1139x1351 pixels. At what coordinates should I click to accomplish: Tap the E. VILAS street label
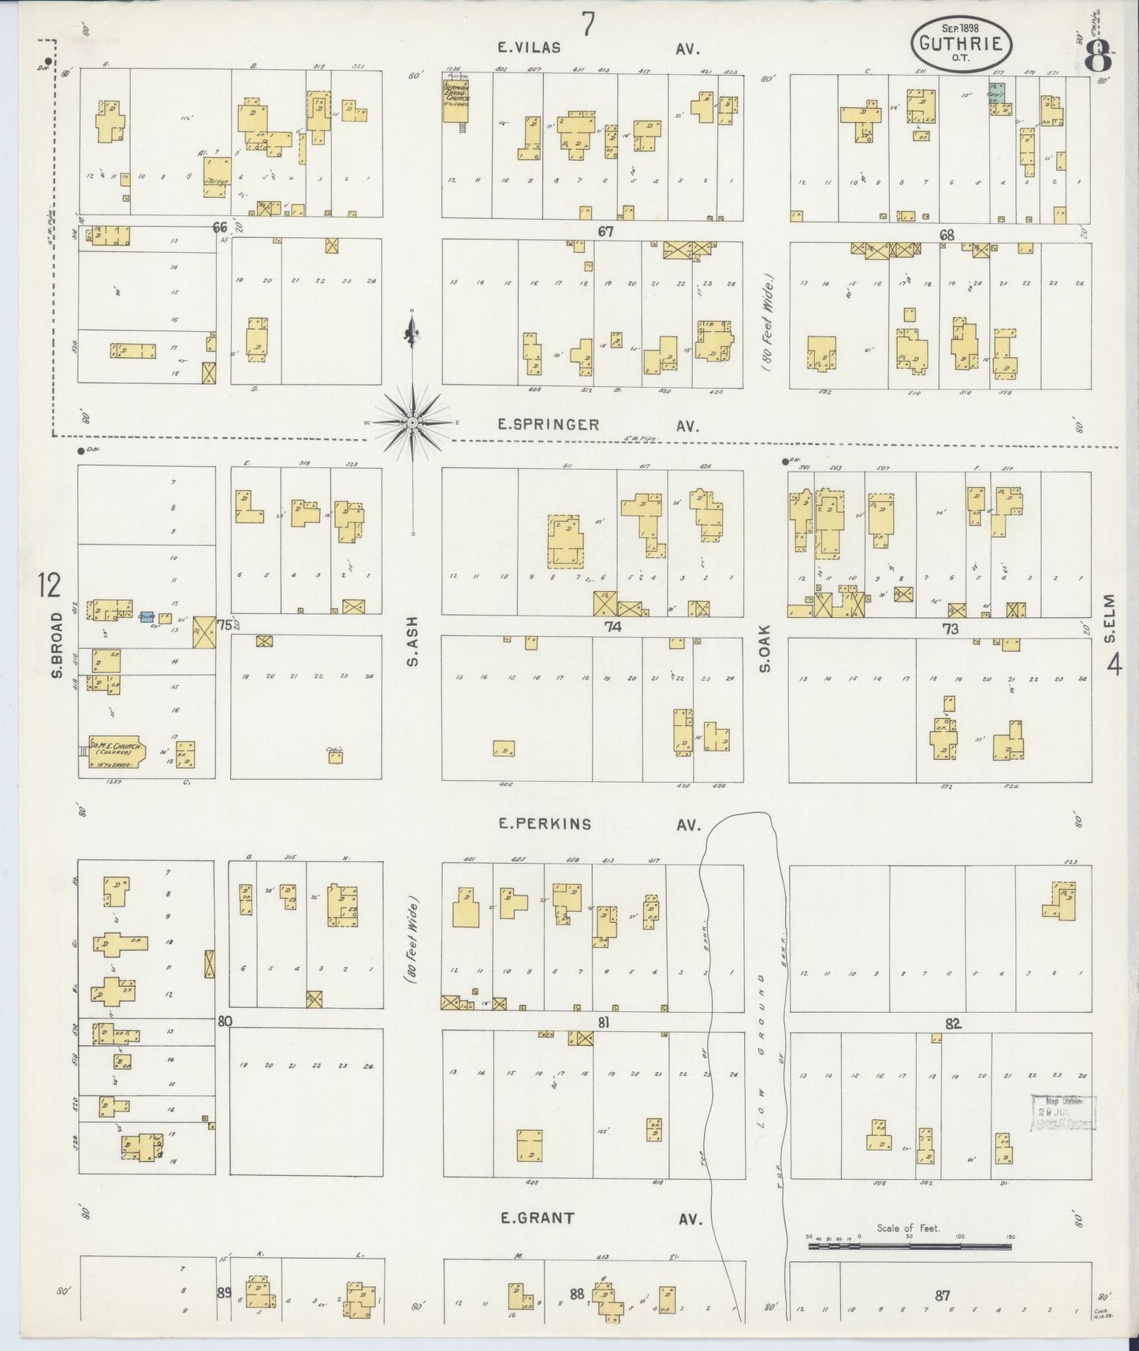pos(529,48)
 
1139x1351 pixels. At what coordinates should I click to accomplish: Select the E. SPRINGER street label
pos(548,425)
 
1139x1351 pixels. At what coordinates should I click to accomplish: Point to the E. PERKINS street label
pos(544,824)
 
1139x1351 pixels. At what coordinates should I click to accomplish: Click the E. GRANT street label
pos(538,1219)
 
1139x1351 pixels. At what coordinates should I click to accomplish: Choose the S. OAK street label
pos(764,654)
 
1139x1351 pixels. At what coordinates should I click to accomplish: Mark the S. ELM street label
pos(1111,614)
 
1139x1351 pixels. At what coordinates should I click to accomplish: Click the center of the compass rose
pos(411,422)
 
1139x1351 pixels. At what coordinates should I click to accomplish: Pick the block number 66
pos(220,228)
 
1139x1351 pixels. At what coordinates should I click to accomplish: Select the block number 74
pos(612,627)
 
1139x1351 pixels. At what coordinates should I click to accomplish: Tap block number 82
pos(954,1024)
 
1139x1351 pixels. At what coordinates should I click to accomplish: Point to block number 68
pos(947,235)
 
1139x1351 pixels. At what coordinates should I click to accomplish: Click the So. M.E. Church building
pos(114,754)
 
